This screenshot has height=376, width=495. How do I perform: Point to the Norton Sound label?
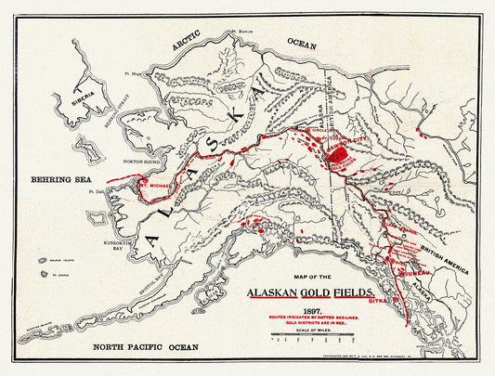(x=142, y=159)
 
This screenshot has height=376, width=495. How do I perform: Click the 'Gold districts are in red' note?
(x=311, y=324)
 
